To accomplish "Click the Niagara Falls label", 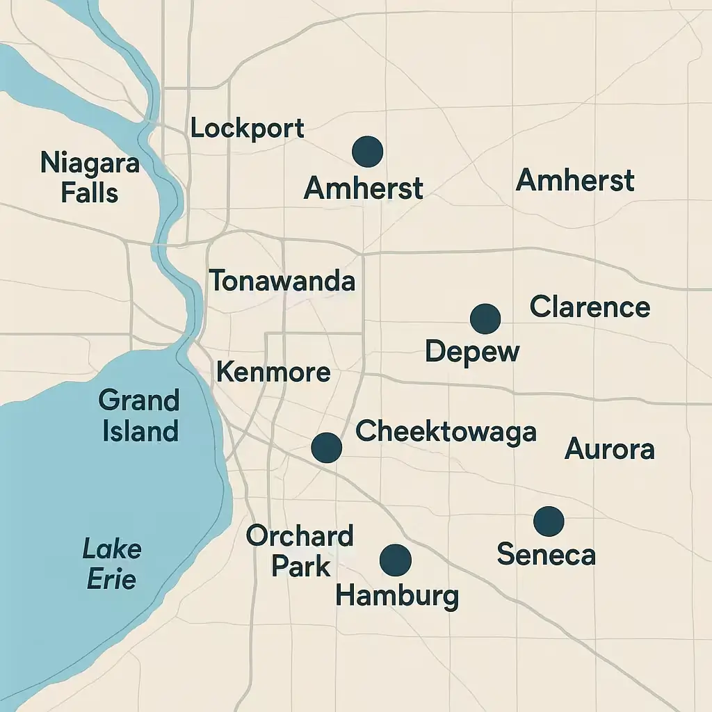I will click(90, 177).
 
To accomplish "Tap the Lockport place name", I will click(247, 129).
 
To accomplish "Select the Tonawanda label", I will click(282, 281).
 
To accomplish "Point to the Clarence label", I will click(590, 307).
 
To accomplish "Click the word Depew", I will click(472, 351).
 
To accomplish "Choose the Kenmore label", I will click(273, 372).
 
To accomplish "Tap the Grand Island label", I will click(140, 416).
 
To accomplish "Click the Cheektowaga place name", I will click(446, 432).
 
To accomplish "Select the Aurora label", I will click(609, 449).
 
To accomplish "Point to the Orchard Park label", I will click(300, 551).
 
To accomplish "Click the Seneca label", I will click(547, 555).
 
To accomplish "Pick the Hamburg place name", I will click(397, 596).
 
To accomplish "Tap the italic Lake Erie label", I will click(112, 564).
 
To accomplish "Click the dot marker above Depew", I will click(485, 318).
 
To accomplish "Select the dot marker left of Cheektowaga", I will click(326, 448).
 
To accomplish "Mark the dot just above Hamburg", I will click(396, 559).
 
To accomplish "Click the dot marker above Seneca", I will click(549, 521).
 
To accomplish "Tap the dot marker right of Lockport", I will click(368, 152).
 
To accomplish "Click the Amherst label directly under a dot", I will click(364, 188).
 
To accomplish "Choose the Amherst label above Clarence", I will click(575, 180).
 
